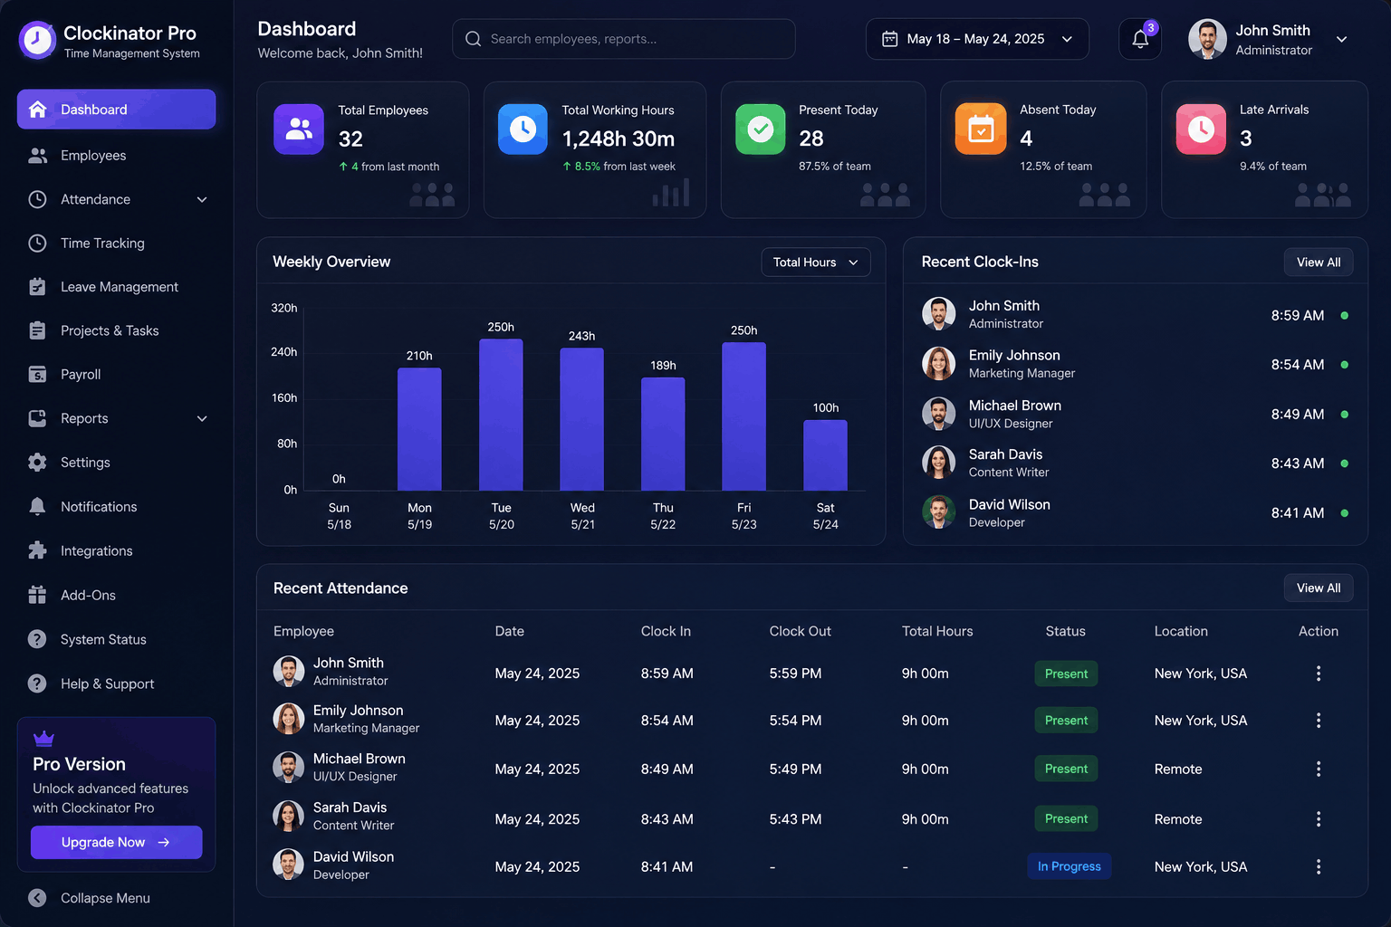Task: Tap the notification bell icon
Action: pos(1139,39)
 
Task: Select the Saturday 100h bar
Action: pos(825,455)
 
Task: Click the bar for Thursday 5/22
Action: pos(663,434)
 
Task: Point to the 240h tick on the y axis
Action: pos(283,352)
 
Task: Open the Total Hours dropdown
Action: pos(815,262)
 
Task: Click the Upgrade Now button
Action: pos(116,842)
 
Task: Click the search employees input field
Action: pos(623,39)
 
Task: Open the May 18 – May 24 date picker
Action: pos(977,39)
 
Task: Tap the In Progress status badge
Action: pos(1069,866)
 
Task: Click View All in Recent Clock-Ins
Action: pos(1319,262)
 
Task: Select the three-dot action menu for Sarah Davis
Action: pos(1319,819)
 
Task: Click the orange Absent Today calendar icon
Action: pos(981,129)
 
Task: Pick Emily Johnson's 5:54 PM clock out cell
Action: pos(795,721)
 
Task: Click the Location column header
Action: pos(1181,631)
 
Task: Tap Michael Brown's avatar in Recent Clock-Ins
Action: pos(938,414)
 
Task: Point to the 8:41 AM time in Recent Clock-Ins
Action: pos(1297,513)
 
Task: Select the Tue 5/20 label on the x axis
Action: pos(501,516)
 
